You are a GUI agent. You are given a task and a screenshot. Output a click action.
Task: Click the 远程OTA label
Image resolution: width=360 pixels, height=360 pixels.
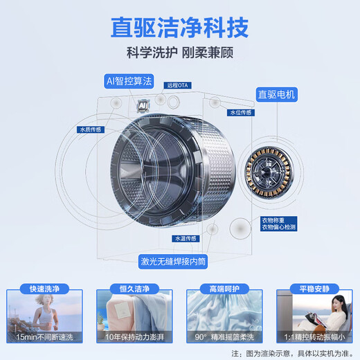tap(178, 86)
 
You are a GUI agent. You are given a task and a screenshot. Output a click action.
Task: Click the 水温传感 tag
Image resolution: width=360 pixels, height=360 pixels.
tap(186, 238)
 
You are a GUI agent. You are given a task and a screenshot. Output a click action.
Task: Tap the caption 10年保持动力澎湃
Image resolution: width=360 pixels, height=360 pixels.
tap(134, 336)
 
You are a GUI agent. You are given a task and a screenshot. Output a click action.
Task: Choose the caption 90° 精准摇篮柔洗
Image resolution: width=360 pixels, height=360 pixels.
tap(224, 336)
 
